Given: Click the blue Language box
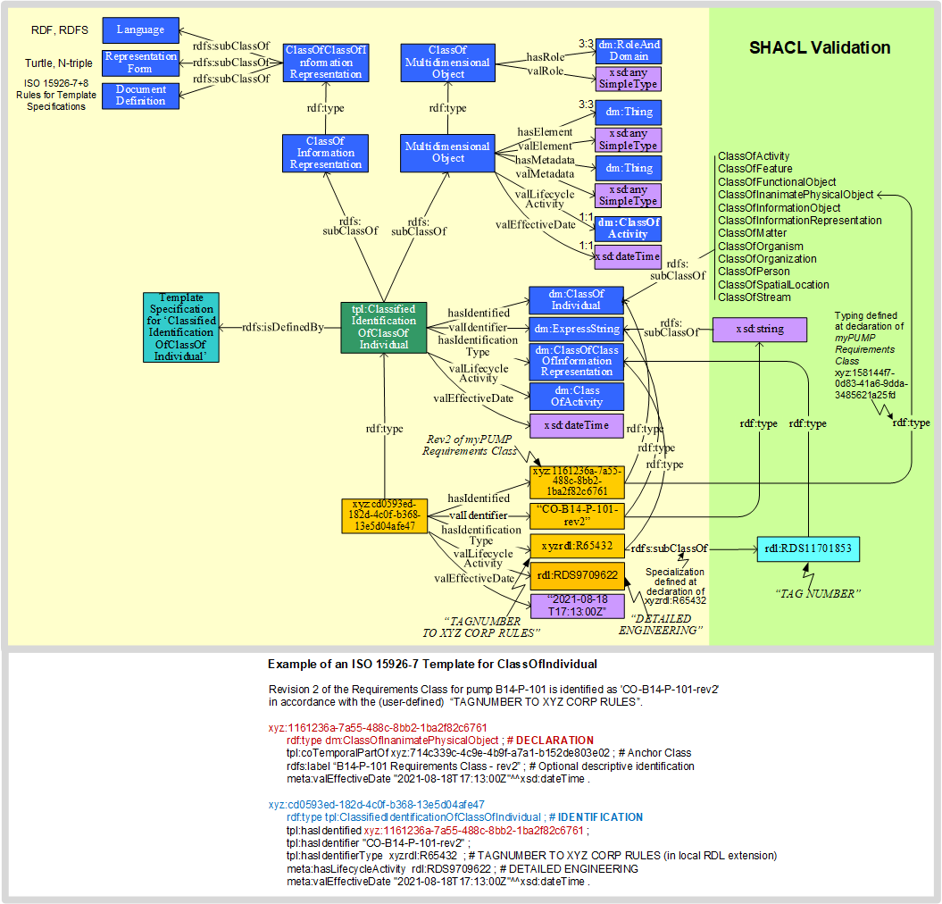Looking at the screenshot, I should (x=140, y=30).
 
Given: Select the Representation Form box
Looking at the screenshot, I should (x=140, y=63).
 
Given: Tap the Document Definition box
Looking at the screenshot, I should (x=140, y=95).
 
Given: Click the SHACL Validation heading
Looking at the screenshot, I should (x=820, y=48).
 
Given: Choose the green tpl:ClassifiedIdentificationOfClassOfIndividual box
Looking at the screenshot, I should (x=384, y=327).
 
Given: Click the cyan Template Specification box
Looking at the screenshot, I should (x=180, y=327).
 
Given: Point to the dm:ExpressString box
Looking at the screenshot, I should (x=577, y=329).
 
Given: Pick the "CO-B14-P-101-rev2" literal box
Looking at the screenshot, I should (x=576, y=515).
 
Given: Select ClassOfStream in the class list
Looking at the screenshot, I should (x=755, y=297).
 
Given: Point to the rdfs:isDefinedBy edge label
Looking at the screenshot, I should (x=282, y=328).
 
